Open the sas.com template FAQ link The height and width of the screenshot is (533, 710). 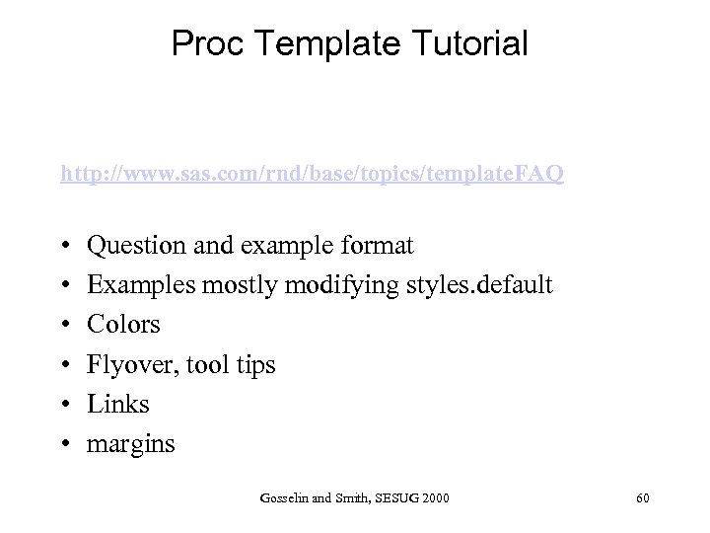pyautogui.click(x=312, y=175)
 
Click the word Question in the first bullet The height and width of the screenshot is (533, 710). pyautogui.click(x=135, y=245)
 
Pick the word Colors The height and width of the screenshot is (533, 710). pyautogui.click(x=123, y=325)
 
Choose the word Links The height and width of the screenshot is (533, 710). pyautogui.click(x=118, y=404)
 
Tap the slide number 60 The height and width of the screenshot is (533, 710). pyautogui.click(x=642, y=498)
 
